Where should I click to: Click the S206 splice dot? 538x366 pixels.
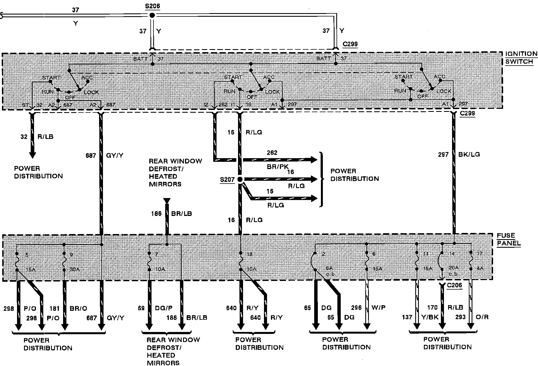[x=152, y=15]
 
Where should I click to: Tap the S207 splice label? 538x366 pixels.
[x=227, y=179]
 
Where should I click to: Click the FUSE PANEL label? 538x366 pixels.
[x=508, y=239]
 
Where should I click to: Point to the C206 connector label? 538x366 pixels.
[x=454, y=285]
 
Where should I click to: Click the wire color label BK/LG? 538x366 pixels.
[x=469, y=154]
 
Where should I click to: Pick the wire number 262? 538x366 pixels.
[x=272, y=153]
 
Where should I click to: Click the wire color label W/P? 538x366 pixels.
[x=378, y=308]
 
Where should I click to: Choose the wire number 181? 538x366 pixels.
[x=54, y=308]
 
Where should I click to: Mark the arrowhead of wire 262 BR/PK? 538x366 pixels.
[x=314, y=160]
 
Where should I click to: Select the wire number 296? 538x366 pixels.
[x=356, y=308]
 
